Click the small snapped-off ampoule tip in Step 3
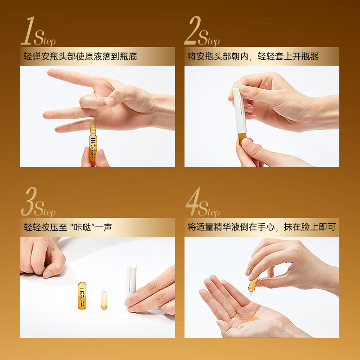point(104,300)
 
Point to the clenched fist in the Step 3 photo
point(43,256)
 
